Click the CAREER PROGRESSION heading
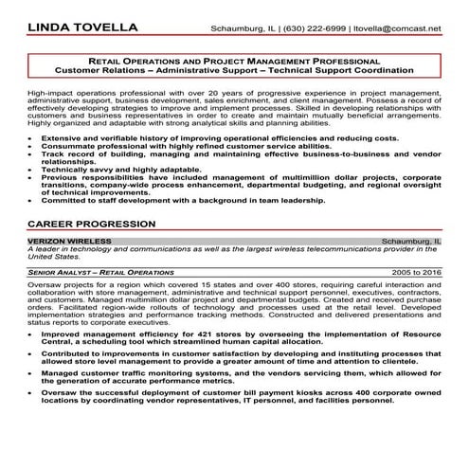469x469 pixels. [x=92, y=225]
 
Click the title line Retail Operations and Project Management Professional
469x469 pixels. [x=234, y=59]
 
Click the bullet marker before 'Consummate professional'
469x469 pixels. [x=33, y=147]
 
